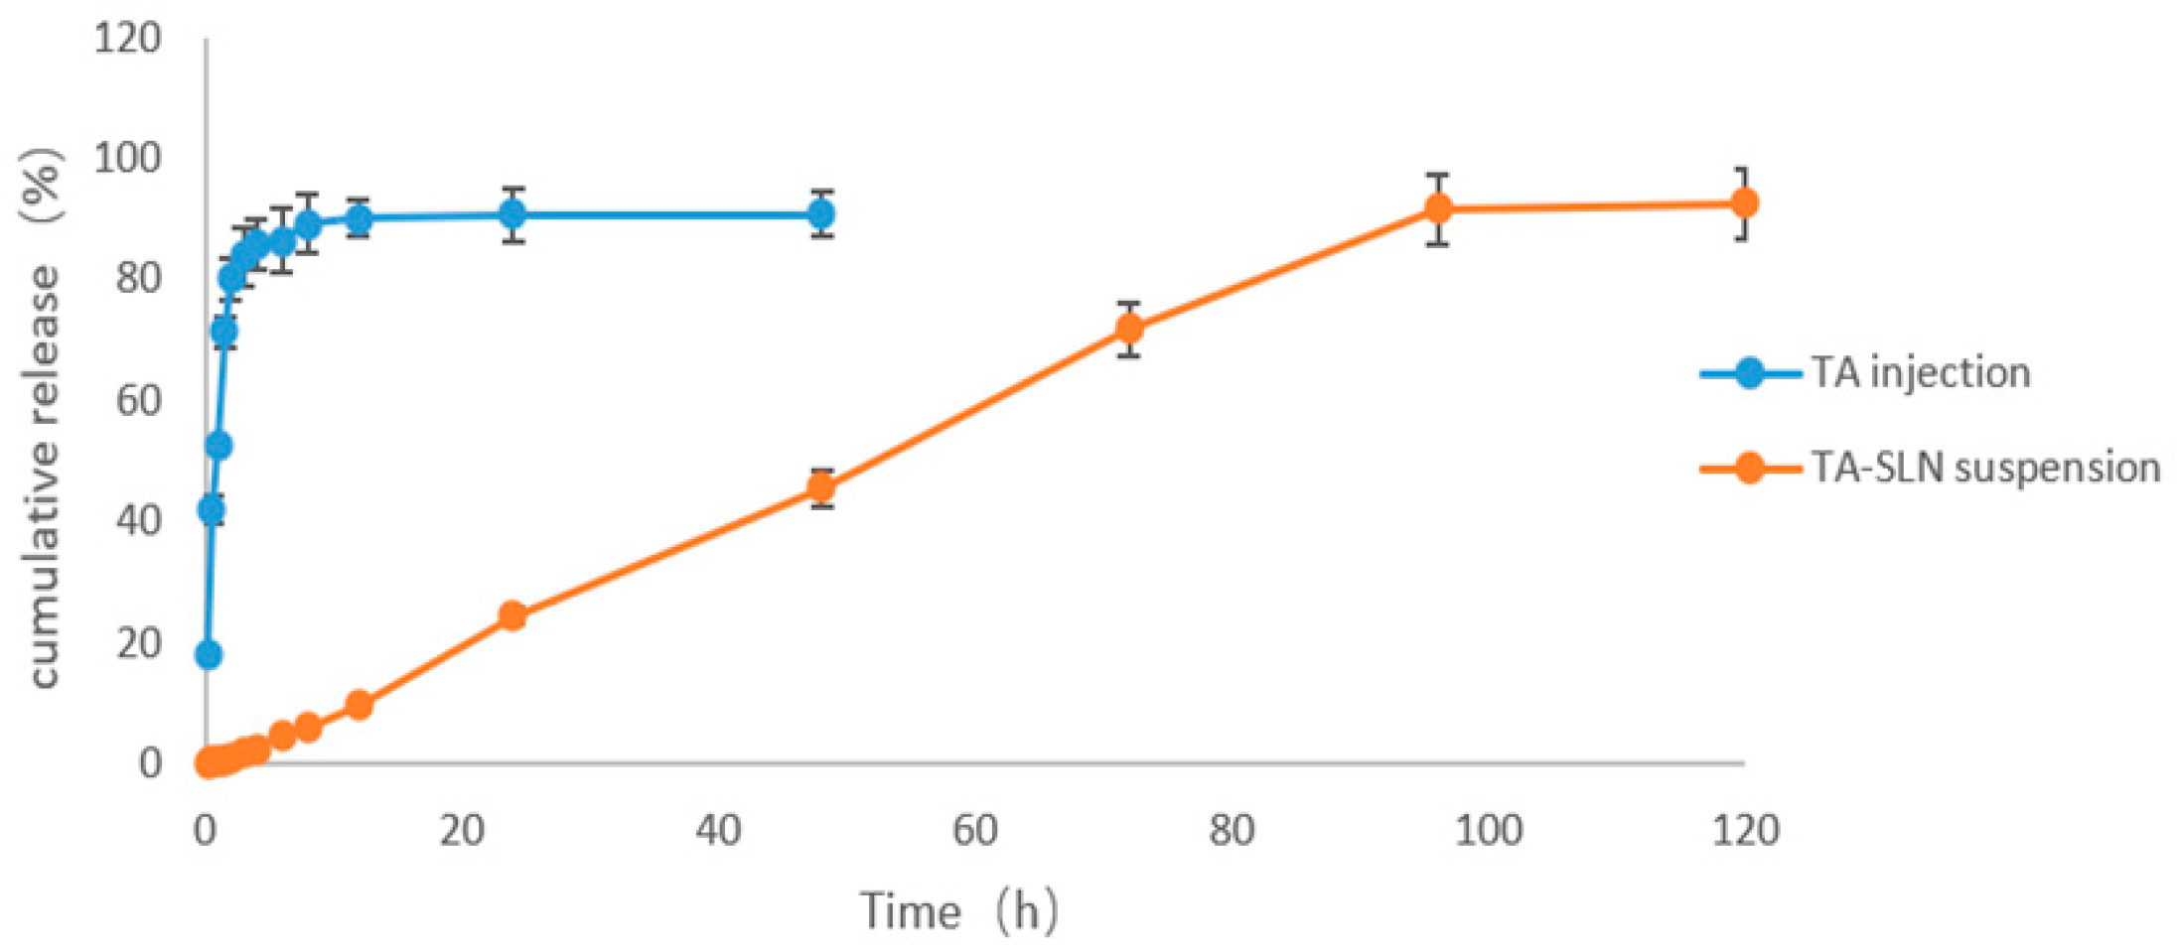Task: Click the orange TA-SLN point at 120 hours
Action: click(x=1743, y=204)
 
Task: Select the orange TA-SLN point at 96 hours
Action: click(x=1437, y=208)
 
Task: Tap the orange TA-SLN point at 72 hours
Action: click(x=1128, y=329)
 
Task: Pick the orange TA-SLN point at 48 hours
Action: click(x=821, y=487)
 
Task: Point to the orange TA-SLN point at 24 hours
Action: click(x=511, y=615)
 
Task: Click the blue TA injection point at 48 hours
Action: click(x=821, y=213)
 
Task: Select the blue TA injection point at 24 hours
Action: click(x=512, y=213)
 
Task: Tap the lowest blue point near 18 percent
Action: click(x=209, y=655)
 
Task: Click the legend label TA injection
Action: click(x=1921, y=373)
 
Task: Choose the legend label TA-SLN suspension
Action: click(x=1985, y=468)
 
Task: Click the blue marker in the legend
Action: click(x=1750, y=374)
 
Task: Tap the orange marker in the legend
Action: click(x=1750, y=468)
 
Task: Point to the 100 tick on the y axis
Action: click(x=127, y=157)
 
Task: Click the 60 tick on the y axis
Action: click(x=138, y=400)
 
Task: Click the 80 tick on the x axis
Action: click(x=1232, y=830)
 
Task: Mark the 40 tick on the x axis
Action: click(x=718, y=830)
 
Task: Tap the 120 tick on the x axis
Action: click(x=1745, y=830)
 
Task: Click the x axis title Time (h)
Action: click(x=958, y=911)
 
